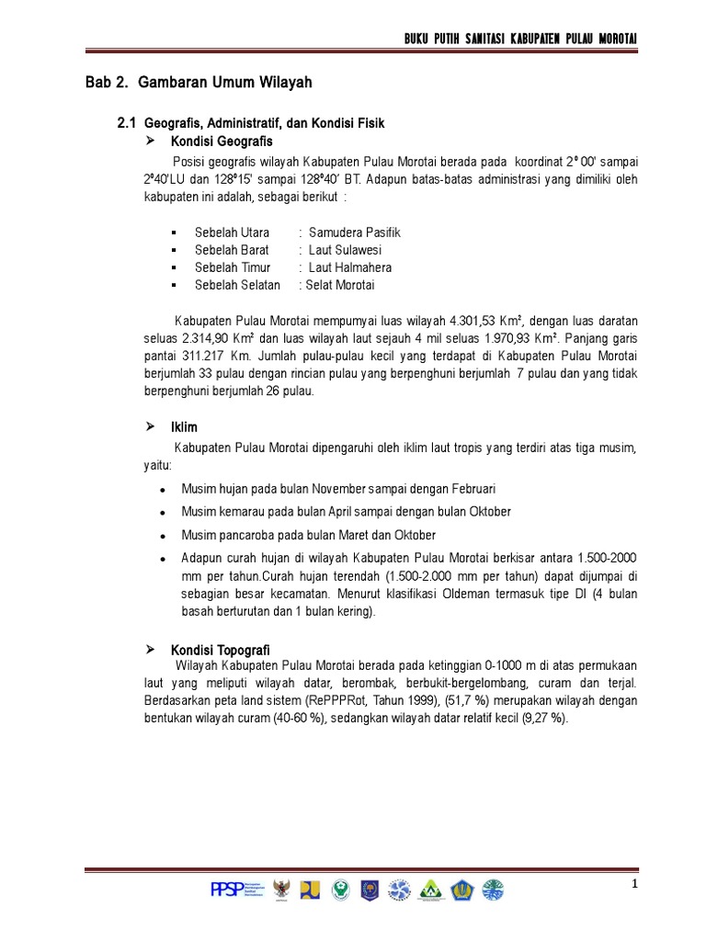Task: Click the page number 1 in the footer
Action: click(634, 884)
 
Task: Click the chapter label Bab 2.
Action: click(103, 83)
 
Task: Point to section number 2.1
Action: click(127, 123)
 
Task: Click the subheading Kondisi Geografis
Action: click(222, 142)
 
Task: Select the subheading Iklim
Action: click(184, 428)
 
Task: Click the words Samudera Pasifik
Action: click(355, 232)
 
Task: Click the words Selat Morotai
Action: click(336, 285)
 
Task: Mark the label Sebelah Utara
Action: click(232, 232)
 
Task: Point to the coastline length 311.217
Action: click(205, 356)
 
